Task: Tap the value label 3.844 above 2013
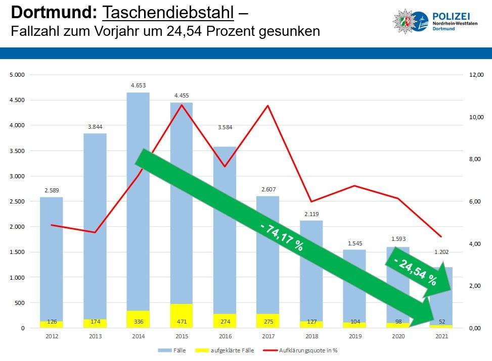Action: [95, 126]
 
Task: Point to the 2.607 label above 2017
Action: [268, 189]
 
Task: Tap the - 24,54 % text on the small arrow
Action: [415, 273]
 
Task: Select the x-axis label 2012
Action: [51, 336]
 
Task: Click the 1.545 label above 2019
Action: [355, 243]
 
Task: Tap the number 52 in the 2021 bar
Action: [441, 322]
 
